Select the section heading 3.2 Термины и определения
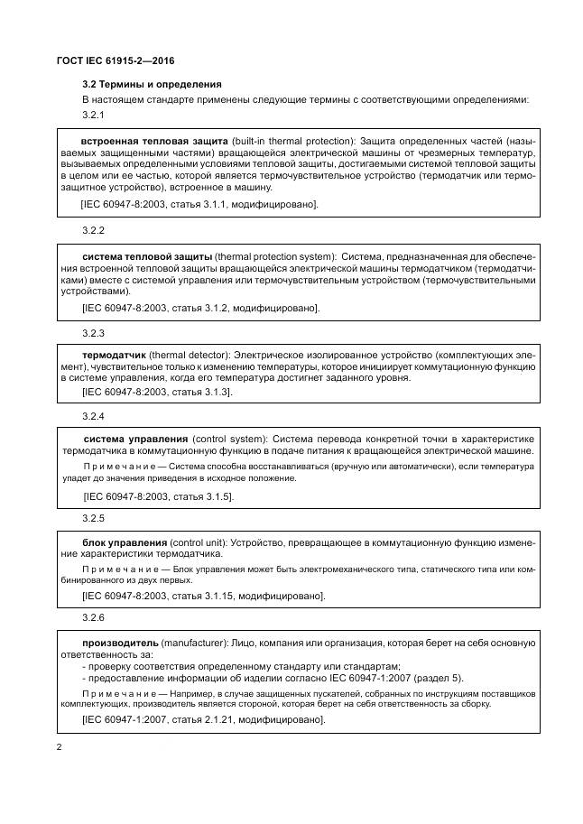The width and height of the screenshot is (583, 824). coord(143,84)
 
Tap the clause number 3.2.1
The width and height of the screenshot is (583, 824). coord(94,116)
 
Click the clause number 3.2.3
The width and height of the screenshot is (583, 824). coord(94,333)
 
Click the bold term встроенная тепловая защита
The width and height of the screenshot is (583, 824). coord(154,141)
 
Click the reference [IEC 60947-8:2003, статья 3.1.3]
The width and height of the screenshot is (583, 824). coord(157,392)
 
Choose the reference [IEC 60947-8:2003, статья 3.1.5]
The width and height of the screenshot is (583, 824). coord(158,496)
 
